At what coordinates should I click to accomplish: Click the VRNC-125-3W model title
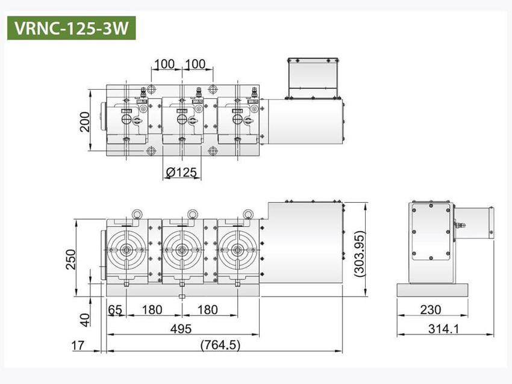(x=71, y=28)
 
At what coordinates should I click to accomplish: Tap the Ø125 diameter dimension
(x=181, y=172)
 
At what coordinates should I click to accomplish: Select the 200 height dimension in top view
(x=84, y=122)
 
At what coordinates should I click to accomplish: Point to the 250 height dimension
(x=70, y=259)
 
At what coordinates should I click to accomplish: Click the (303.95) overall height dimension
(x=360, y=254)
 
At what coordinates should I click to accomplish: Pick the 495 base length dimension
(x=181, y=329)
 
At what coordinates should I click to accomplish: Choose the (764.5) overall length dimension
(x=220, y=344)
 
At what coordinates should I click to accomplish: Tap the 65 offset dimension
(x=115, y=309)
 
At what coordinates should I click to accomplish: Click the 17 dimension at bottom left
(x=78, y=345)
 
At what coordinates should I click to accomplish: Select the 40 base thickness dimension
(x=84, y=320)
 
